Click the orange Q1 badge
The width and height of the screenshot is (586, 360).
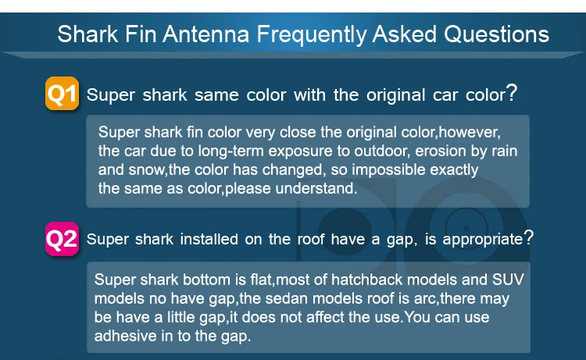pos(62,94)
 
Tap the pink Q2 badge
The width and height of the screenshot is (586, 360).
pos(62,238)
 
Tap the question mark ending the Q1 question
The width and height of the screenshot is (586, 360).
pos(512,94)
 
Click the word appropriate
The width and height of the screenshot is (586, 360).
pos(477,239)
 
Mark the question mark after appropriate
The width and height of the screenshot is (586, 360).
pos(529,237)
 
